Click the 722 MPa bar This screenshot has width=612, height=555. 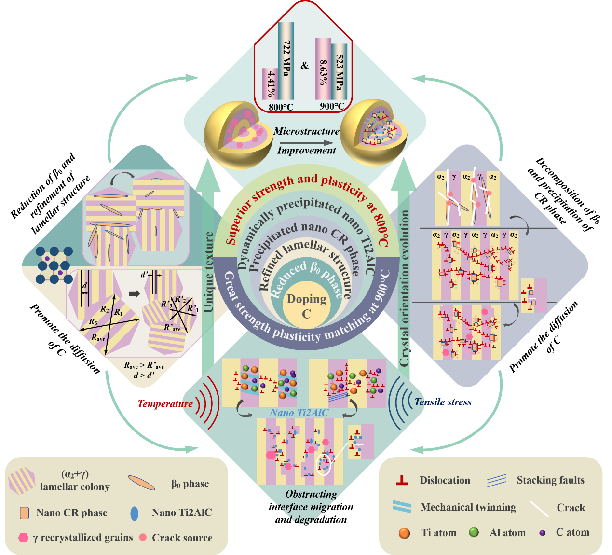[286, 60]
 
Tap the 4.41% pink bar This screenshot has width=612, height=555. [271, 84]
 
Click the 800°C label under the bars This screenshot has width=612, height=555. [281, 107]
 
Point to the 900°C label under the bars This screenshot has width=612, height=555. [332, 106]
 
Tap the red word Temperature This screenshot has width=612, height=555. [165, 404]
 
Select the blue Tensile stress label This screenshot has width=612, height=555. [443, 402]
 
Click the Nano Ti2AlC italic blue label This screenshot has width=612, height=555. [299, 413]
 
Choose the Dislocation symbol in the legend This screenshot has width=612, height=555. [402, 480]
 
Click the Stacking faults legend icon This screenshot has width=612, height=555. [497, 480]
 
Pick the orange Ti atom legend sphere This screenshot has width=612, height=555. [404, 533]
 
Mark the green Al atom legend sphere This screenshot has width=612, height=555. [474, 532]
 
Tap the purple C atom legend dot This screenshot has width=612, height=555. [543, 533]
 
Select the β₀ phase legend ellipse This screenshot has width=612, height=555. [142, 483]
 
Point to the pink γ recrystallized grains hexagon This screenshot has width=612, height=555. [23, 538]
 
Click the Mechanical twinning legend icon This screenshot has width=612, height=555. [402, 506]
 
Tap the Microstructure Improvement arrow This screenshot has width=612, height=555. [306, 143]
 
